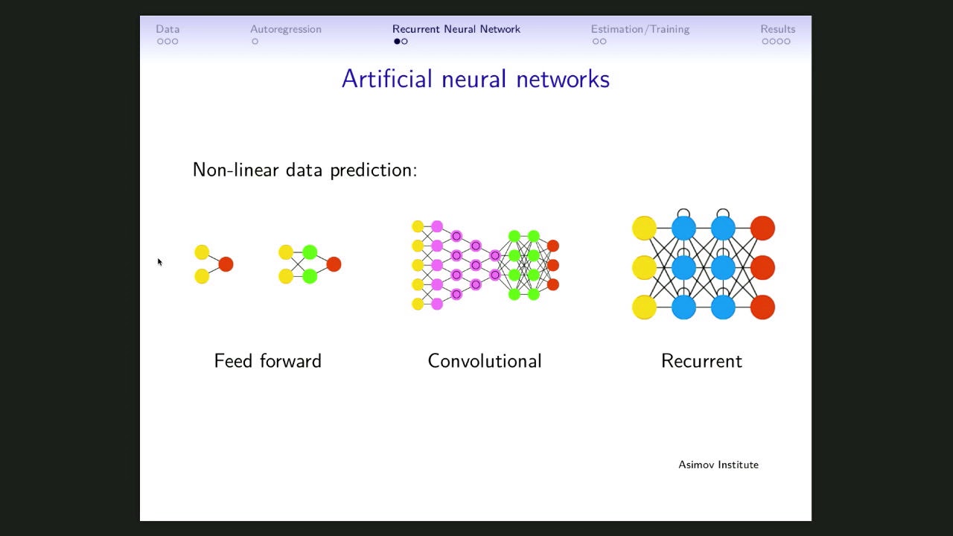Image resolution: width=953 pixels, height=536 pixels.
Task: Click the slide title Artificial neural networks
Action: (x=475, y=79)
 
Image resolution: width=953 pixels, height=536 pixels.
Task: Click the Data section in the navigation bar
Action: (x=168, y=29)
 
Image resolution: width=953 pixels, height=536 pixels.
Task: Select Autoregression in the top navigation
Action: (x=286, y=29)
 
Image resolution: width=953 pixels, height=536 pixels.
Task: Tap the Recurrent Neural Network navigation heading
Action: (x=456, y=29)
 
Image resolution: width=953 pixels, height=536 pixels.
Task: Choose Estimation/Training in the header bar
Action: (x=640, y=29)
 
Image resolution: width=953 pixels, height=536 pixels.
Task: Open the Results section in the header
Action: (x=777, y=29)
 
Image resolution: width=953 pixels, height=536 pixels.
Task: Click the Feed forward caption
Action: (x=267, y=361)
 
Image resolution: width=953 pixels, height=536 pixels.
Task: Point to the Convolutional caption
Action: (x=484, y=361)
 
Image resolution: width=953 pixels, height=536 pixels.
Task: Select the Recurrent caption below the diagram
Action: (x=701, y=361)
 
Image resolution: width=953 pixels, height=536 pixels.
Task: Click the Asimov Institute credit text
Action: (x=718, y=465)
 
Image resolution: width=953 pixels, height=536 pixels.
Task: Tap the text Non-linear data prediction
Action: (x=305, y=170)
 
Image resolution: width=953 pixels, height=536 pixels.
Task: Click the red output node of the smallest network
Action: (x=226, y=264)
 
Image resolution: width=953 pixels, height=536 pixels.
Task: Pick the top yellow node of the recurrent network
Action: (x=644, y=228)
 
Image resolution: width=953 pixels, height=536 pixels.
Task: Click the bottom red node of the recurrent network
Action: (x=762, y=307)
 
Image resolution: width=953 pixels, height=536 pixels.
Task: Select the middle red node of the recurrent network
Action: (x=762, y=267)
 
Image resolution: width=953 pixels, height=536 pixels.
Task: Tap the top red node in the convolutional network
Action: (x=552, y=246)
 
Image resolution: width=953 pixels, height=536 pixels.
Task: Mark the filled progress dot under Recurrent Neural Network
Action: (x=397, y=42)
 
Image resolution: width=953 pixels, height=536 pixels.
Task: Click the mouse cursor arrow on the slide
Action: (x=159, y=261)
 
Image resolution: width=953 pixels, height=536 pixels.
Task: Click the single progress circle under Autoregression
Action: (x=255, y=42)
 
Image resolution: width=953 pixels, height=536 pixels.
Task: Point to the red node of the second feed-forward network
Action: (x=334, y=264)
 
